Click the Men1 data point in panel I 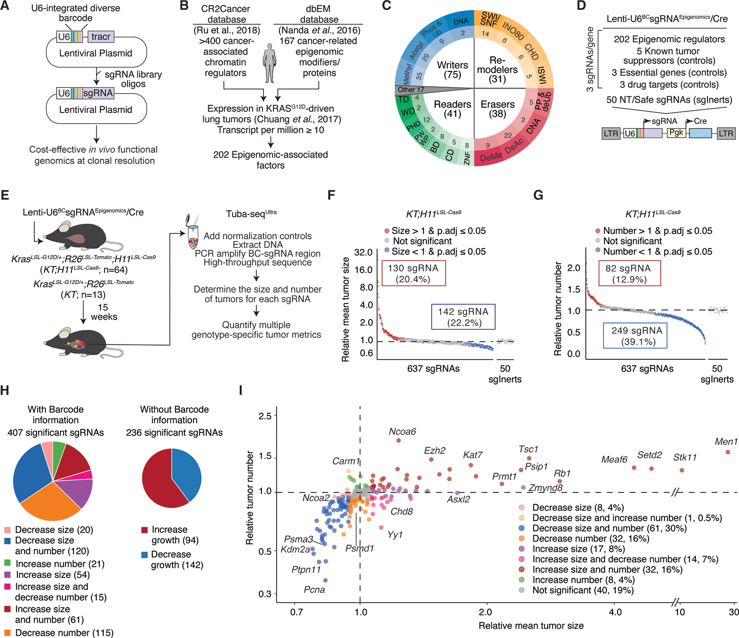click(x=728, y=452)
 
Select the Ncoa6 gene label click(x=402, y=431)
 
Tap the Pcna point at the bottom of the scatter click(x=325, y=580)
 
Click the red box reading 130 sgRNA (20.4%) click(x=413, y=273)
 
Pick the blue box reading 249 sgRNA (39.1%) click(x=635, y=336)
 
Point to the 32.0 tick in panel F click(x=363, y=252)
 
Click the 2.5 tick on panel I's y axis click(x=265, y=416)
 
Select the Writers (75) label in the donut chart click(x=452, y=70)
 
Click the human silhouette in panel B click(x=269, y=63)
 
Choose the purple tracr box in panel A click(x=101, y=37)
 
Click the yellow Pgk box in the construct click(x=676, y=133)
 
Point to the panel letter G click(x=538, y=195)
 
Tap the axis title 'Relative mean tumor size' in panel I click(x=531, y=626)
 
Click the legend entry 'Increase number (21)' click(x=60, y=564)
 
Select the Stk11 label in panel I click(x=684, y=457)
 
